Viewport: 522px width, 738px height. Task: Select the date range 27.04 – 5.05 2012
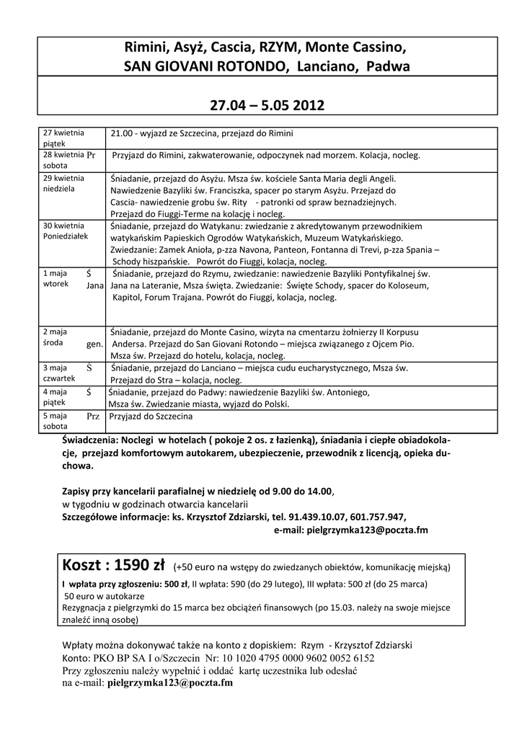267,106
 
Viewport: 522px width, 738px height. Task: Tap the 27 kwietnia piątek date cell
64,138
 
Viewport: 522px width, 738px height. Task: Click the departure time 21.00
122,133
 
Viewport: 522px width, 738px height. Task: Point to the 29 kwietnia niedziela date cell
64,183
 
